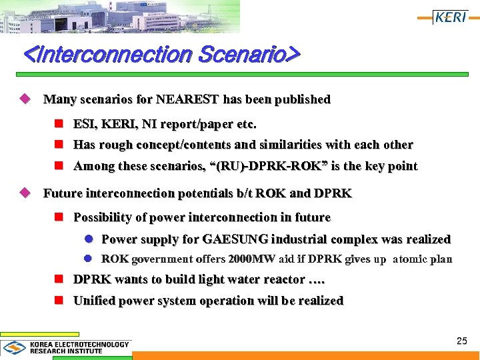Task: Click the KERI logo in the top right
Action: click(451, 17)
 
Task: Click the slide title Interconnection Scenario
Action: click(161, 53)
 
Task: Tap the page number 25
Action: click(462, 341)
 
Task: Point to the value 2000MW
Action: click(251, 259)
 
